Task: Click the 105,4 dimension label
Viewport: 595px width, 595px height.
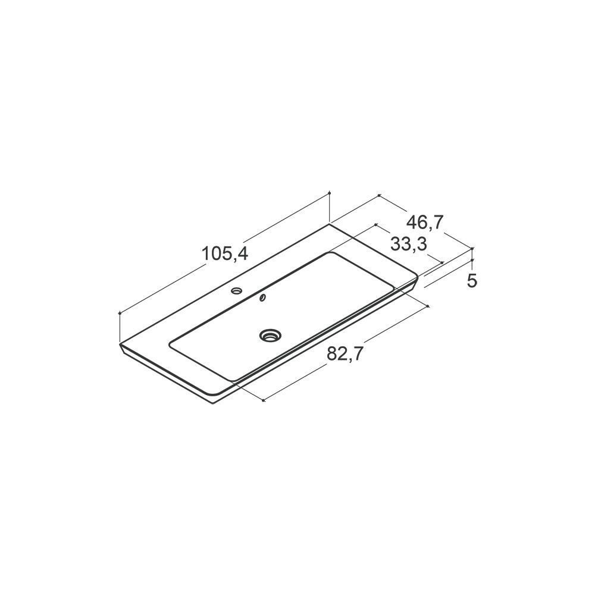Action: point(225,253)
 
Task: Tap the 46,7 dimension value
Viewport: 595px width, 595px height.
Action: point(425,222)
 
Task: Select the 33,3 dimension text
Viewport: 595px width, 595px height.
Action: point(409,244)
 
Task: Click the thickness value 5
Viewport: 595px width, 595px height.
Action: point(472,281)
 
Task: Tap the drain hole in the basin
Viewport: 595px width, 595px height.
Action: point(271,334)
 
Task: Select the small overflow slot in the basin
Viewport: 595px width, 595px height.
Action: point(262,298)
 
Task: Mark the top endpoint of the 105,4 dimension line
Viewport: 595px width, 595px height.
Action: point(329,193)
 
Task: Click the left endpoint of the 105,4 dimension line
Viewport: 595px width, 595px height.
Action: point(120,313)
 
